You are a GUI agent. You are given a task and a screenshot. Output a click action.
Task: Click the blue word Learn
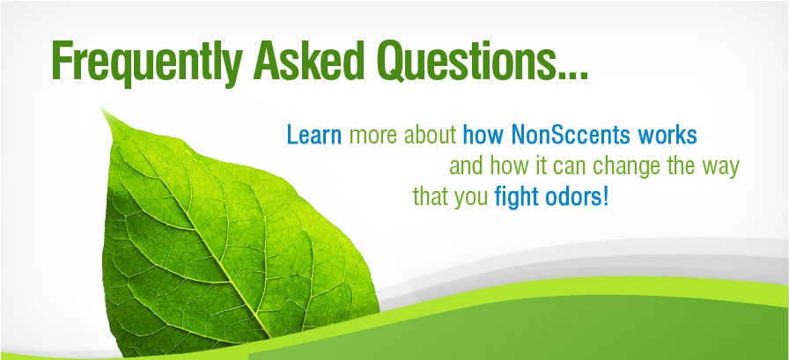coord(314,135)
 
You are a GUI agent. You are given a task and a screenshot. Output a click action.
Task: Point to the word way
coord(721,169)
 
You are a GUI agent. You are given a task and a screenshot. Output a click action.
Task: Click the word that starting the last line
coord(431,196)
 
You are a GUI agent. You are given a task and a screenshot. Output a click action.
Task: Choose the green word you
coord(470,199)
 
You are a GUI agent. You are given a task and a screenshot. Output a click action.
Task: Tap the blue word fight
coord(517,198)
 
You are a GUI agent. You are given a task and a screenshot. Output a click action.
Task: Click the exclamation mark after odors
coord(606,196)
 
